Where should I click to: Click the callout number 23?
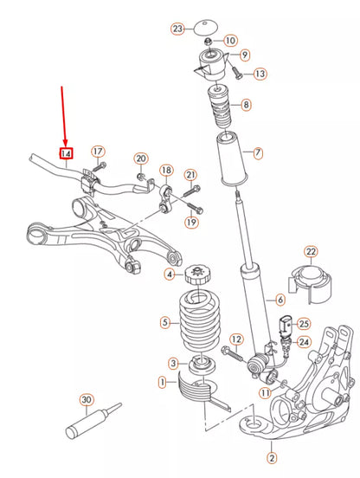pos(177,29)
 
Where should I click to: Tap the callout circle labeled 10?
pos(229,41)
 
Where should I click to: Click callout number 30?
pos(86,400)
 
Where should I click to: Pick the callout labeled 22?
pos(311,252)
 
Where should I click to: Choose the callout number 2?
pos(272,458)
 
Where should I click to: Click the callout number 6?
pos(280,300)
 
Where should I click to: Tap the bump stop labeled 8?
pos(216,108)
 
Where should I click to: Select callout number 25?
pos(303,323)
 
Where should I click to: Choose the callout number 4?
pos(170,275)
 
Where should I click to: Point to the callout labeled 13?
pos(260,74)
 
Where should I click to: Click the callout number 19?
pos(190,223)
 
